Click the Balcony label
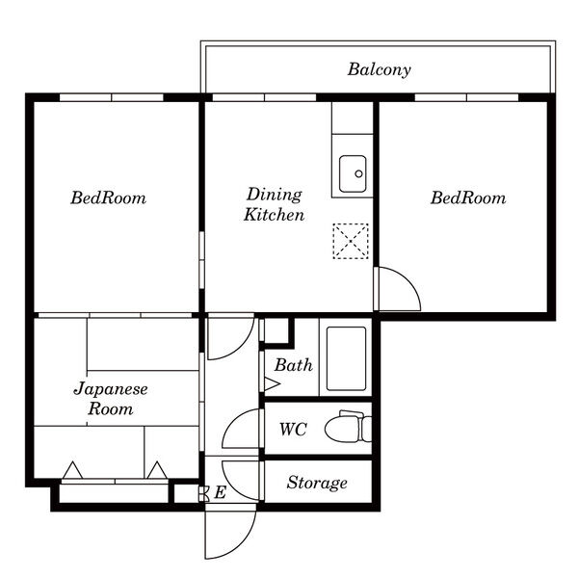379,69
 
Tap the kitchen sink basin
353,173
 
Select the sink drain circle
358,173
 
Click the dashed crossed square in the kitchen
351,241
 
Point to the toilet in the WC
349,427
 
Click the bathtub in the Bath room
346,358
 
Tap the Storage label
317,483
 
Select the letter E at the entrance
220,492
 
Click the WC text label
293,430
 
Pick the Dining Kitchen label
275,204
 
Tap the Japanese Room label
111,399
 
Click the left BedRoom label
108,197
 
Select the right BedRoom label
468,197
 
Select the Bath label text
294,365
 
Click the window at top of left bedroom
112,97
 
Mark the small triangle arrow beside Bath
271,383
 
